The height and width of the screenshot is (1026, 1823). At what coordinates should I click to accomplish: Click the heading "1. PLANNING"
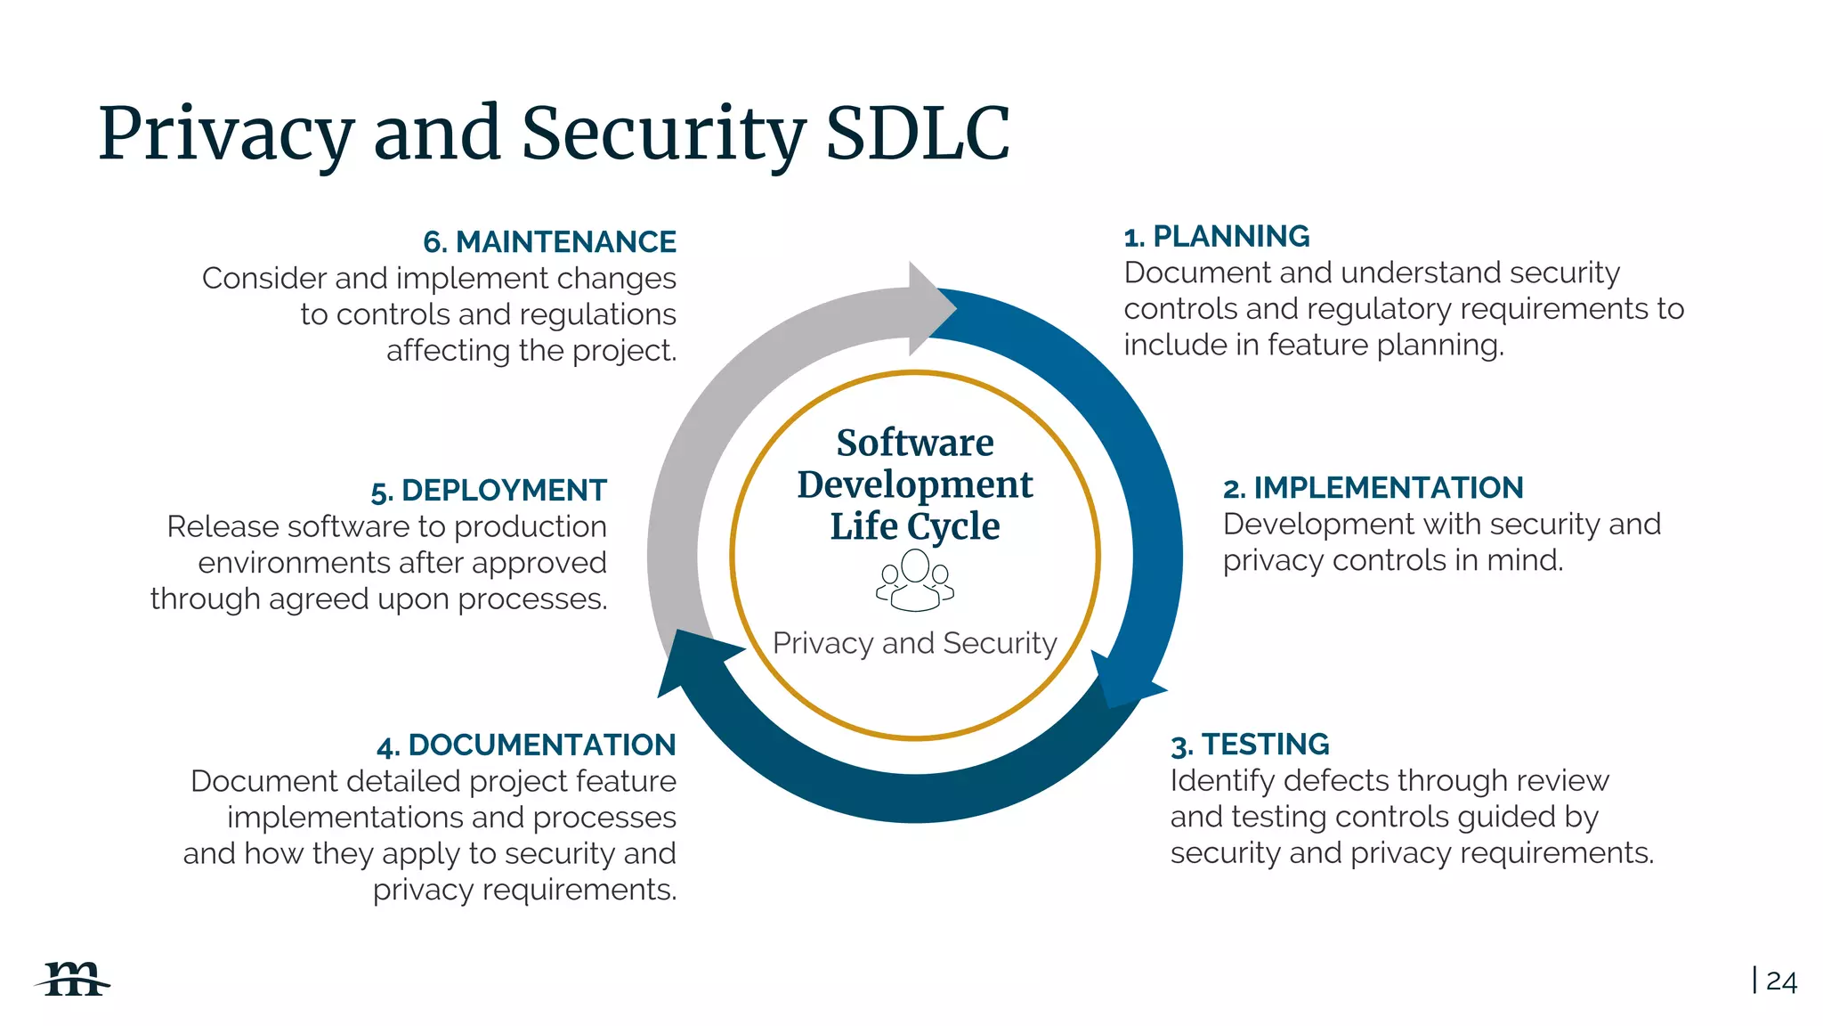[x=1216, y=237]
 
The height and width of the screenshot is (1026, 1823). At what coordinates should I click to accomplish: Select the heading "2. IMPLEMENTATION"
[x=1373, y=488]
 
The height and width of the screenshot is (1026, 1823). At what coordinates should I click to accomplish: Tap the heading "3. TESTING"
[x=1249, y=745]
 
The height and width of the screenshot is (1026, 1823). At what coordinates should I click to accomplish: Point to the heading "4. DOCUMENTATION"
[x=526, y=745]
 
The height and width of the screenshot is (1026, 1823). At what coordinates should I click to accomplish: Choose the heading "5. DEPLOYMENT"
[x=489, y=491]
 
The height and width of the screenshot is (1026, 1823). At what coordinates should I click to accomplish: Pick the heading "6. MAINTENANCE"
[x=549, y=242]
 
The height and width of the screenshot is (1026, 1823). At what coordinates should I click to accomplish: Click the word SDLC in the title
[x=917, y=134]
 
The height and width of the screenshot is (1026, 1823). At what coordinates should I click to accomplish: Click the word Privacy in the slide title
[x=226, y=134]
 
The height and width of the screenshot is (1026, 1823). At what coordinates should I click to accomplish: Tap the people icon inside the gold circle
[x=915, y=580]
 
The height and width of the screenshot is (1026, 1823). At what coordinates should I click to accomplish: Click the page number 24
[x=1781, y=981]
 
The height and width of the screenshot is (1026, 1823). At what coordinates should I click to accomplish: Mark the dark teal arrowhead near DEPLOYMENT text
[x=693, y=660]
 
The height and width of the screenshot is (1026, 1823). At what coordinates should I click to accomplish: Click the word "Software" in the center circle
[x=915, y=443]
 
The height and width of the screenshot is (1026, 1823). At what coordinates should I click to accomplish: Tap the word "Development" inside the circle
[x=915, y=484]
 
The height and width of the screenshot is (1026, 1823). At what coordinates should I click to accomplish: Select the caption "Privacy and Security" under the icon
[x=915, y=643]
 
